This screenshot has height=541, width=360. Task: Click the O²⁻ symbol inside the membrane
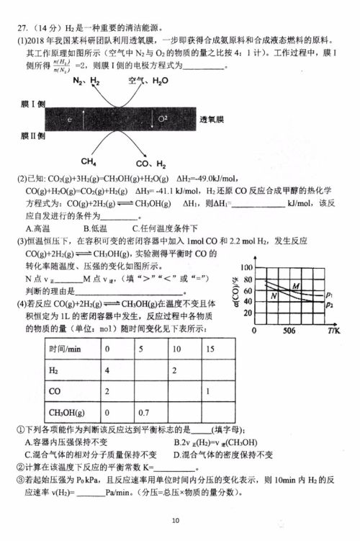(162, 117)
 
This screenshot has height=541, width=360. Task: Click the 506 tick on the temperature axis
(289, 331)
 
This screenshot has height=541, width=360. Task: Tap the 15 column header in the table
(210, 349)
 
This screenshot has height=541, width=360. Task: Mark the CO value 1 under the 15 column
(208, 391)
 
